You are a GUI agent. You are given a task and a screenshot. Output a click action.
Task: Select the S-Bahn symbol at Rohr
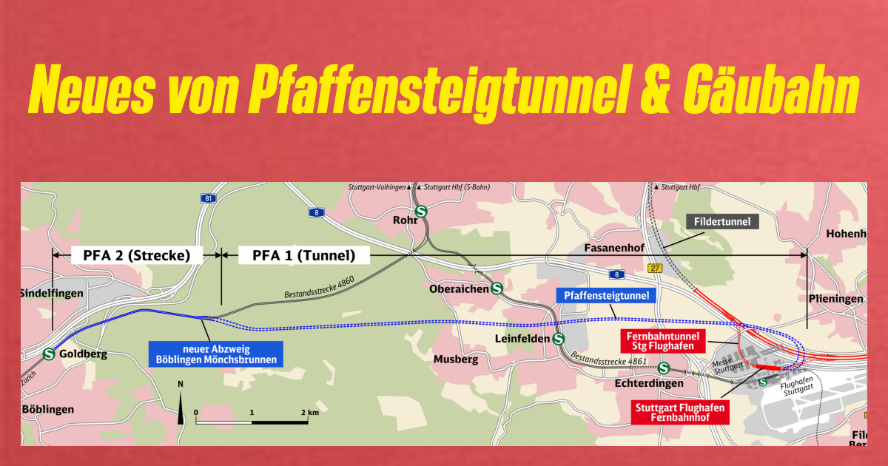[421, 212]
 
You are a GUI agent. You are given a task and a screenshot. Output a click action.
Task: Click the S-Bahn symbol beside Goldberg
[49, 354]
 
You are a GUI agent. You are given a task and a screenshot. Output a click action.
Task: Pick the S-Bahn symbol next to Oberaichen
[497, 289]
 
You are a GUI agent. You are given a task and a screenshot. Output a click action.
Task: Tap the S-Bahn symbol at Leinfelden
[559, 339]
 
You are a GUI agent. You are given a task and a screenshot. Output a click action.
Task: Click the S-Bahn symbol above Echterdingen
[664, 368]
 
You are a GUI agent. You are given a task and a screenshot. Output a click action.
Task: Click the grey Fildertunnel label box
[721, 221]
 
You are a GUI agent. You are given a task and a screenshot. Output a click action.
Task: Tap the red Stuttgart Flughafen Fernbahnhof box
[679, 412]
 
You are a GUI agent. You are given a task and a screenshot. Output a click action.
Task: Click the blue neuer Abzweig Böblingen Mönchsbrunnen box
[216, 354]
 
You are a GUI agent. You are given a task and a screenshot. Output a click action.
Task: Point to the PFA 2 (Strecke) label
[137, 256]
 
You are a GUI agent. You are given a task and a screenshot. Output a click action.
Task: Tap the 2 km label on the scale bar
[309, 411]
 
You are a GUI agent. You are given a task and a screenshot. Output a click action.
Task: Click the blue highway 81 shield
[209, 199]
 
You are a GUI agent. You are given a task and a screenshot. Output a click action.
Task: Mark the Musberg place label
[455, 359]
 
